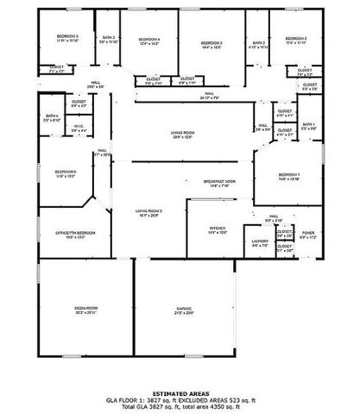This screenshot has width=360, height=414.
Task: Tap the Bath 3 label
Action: click(109, 38)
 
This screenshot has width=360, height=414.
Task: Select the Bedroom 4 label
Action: click(148, 40)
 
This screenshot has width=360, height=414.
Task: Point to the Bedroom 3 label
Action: click(212, 43)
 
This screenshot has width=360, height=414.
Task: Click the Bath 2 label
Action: click(259, 43)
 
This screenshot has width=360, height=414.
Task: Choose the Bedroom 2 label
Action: click(296, 39)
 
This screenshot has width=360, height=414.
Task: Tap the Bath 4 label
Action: click(52, 116)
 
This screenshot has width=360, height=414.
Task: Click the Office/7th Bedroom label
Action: click(76, 233)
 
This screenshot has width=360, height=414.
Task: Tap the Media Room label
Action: click(85, 308)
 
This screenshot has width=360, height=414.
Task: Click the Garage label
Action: click(184, 308)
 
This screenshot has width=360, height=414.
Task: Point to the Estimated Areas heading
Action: click(180, 392)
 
